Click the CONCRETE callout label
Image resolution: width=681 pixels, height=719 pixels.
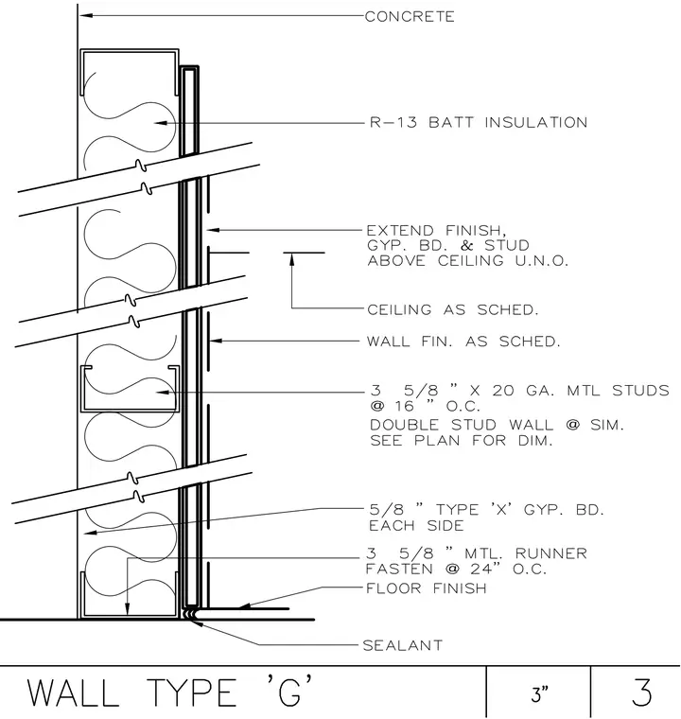(x=410, y=16)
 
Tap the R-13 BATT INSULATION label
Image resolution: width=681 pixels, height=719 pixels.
(x=479, y=122)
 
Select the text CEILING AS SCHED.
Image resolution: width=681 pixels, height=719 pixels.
(x=453, y=309)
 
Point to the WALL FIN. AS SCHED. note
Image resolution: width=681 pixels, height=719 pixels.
(x=463, y=342)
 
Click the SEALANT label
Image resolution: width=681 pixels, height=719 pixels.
(x=403, y=645)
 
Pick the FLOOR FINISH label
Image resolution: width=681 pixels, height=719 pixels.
(x=426, y=587)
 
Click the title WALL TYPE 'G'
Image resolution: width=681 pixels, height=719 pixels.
(x=170, y=692)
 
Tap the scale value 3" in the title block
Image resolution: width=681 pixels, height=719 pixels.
(x=540, y=694)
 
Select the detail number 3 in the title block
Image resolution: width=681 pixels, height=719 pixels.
(x=641, y=693)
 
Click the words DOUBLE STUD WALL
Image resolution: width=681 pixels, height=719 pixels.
(x=463, y=425)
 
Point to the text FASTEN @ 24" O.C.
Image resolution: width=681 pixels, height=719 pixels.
(x=456, y=570)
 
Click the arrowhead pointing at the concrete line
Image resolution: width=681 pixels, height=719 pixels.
(x=86, y=15)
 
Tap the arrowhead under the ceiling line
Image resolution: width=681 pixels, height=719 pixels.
(x=291, y=259)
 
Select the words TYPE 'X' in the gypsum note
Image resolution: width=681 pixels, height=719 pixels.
(x=474, y=509)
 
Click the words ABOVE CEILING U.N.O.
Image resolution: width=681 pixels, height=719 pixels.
(x=468, y=260)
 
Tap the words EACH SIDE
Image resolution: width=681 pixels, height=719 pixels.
(x=416, y=525)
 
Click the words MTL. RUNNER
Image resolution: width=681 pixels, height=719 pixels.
(x=526, y=553)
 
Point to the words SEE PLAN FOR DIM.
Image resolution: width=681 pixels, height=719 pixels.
(x=462, y=441)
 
